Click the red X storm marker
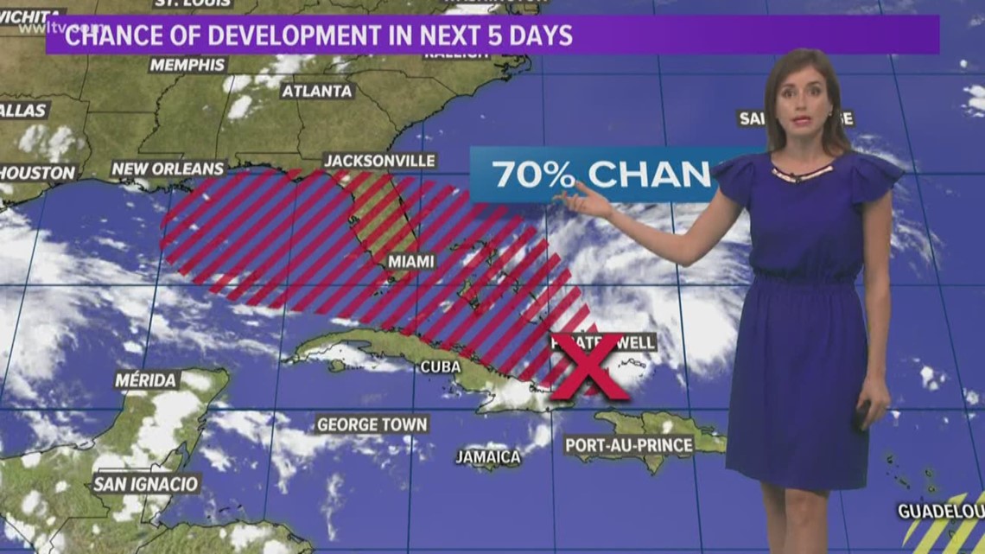pos(591,366)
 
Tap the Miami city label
pos(410,261)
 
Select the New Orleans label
pos(168,169)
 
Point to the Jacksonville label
pos(379,161)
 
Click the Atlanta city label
pos(317,91)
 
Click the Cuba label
pos(440,366)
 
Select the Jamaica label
pos(489,456)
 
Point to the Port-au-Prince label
pos(629,446)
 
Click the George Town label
pos(372,424)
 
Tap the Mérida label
pos(146,380)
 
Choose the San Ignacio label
pos(145,483)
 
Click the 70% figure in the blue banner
pos(533,174)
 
